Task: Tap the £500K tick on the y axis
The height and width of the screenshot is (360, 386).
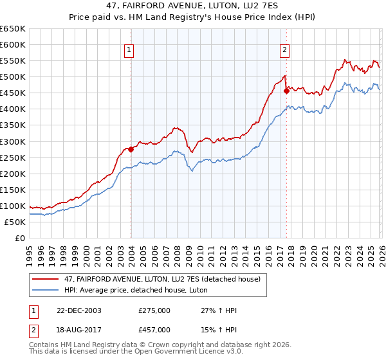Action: click(x=12, y=77)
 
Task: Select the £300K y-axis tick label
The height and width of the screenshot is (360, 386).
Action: click(x=12, y=141)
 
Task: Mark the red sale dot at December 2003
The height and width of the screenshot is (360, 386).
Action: click(x=131, y=149)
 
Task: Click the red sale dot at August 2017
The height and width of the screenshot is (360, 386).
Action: click(x=286, y=91)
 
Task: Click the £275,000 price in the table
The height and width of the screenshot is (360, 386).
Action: click(x=154, y=310)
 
